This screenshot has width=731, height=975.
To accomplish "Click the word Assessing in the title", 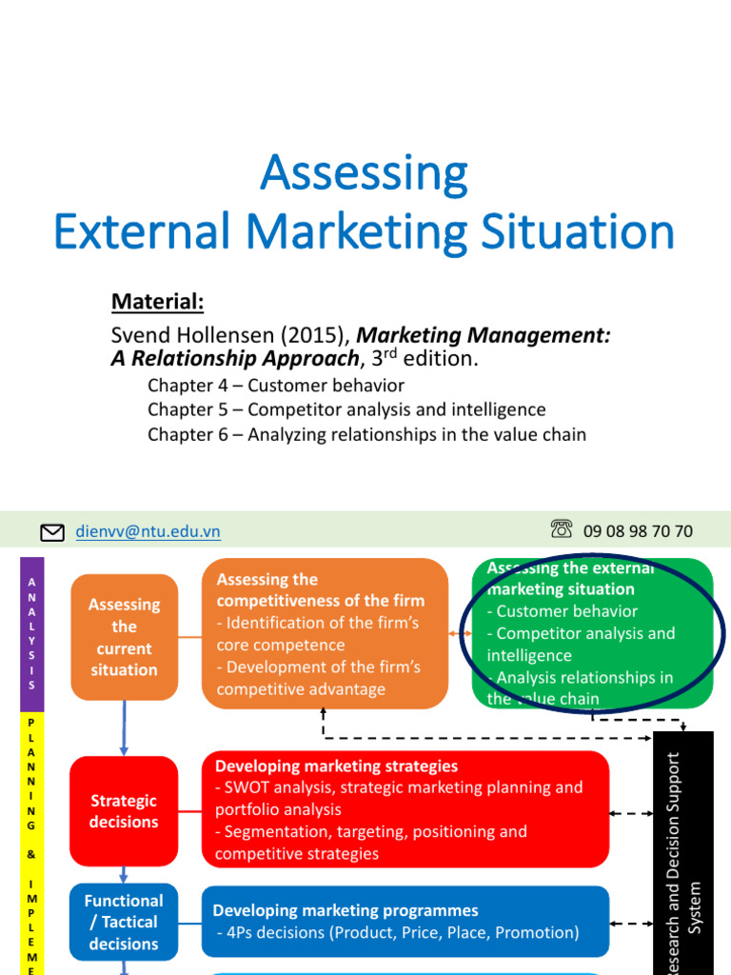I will [x=365, y=172].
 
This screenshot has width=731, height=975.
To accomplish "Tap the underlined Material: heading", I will [x=157, y=302].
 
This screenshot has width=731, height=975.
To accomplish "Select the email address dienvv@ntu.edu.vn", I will [x=148, y=531].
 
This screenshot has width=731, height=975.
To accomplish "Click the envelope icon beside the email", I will [x=52, y=531].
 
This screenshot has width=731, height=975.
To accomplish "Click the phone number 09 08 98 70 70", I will [x=638, y=531].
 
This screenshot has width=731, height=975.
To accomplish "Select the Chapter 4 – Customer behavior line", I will [x=276, y=386].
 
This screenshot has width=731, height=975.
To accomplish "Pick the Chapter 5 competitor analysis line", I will [x=346, y=409].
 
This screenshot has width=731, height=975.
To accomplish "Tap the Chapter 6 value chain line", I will [x=366, y=434].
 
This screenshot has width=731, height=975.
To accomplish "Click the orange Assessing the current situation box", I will [x=124, y=637].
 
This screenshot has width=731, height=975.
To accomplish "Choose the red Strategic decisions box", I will [x=124, y=811].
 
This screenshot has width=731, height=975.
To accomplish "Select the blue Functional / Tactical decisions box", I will [x=124, y=922].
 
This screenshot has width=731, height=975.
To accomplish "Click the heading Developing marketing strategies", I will [x=336, y=766].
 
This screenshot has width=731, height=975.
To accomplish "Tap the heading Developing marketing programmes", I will [x=345, y=910].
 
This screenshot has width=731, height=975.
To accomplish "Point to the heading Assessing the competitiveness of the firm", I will [x=320, y=590].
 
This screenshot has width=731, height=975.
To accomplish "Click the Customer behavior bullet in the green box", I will [x=566, y=611].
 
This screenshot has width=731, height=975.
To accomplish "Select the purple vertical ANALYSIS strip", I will [x=32, y=635].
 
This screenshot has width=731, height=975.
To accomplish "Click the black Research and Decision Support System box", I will [x=683, y=852].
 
